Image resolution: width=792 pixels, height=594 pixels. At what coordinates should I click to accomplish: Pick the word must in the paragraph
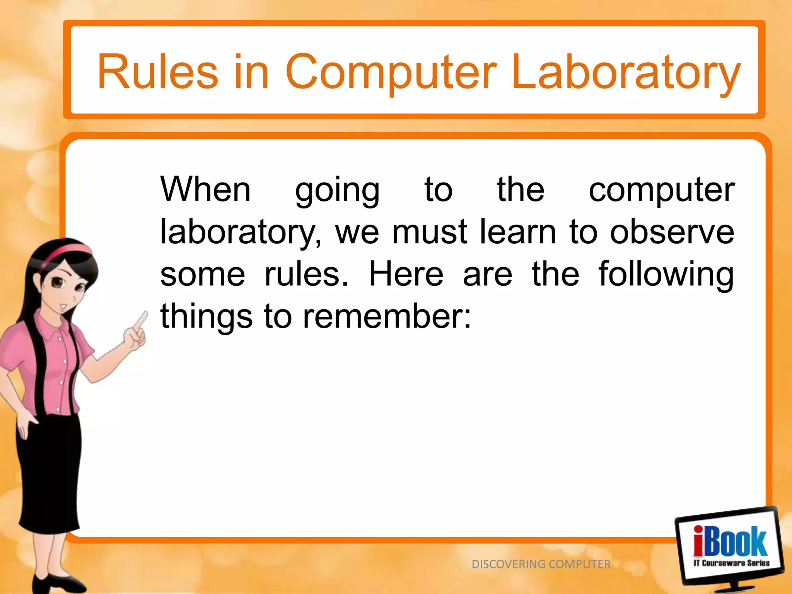[x=429, y=232]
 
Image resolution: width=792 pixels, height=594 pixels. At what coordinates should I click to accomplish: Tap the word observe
[x=672, y=232]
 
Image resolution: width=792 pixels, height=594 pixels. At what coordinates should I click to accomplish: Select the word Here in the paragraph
[x=406, y=274]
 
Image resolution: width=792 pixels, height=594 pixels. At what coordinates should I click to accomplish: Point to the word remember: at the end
[x=387, y=316]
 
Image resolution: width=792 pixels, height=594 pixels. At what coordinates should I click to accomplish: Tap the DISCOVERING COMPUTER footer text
[x=541, y=564]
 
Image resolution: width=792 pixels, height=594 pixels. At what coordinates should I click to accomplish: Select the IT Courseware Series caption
[x=731, y=563]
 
